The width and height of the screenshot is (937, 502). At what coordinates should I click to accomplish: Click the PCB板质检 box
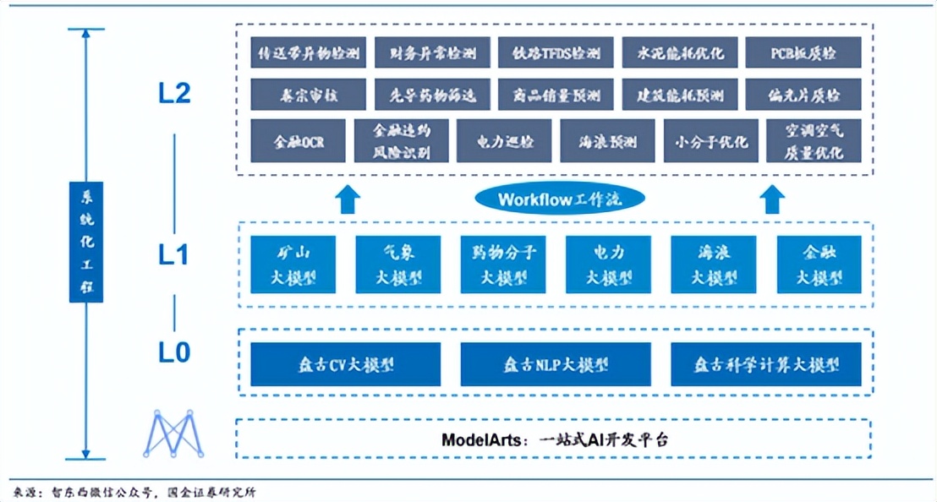coord(803,53)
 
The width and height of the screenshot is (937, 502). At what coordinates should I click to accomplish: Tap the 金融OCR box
coord(298,140)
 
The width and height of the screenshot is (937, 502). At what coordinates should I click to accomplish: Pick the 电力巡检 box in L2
coord(504,140)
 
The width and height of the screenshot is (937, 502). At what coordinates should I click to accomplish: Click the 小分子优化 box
coord(711,140)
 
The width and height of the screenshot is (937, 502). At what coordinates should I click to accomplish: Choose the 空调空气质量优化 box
coord(813,140)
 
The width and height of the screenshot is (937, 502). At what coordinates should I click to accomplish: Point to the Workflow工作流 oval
coord(559,199)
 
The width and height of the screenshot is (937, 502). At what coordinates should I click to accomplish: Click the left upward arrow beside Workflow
coord(347,200)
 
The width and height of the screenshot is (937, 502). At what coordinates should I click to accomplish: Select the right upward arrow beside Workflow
coord(770,200)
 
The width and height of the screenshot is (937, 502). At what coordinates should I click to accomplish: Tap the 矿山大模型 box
coord(293,265)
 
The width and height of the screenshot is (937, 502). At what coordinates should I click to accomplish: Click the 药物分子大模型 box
coord(503,265)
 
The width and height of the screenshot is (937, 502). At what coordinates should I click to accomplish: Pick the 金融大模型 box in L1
coord(819,265)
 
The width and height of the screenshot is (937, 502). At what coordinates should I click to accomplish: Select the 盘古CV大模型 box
coord(345,364)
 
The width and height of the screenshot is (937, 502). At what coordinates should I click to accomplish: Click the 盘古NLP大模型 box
coord(556,364)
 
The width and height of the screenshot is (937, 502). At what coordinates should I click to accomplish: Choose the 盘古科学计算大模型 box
coord(766,364)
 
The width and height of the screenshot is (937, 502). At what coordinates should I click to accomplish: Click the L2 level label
coord(174,94)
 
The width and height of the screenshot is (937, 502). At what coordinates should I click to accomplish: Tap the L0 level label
coord(174,352)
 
